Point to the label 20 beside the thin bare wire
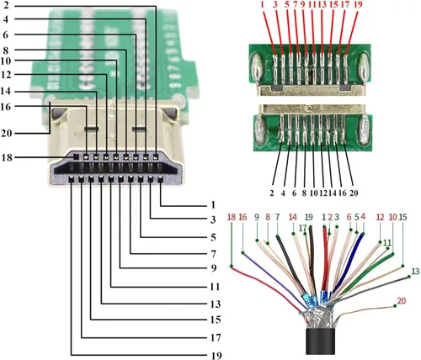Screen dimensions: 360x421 pyautogui.click(x=400, y=299)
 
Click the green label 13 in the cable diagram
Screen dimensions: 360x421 pyautogui.click(x=414, y=270)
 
